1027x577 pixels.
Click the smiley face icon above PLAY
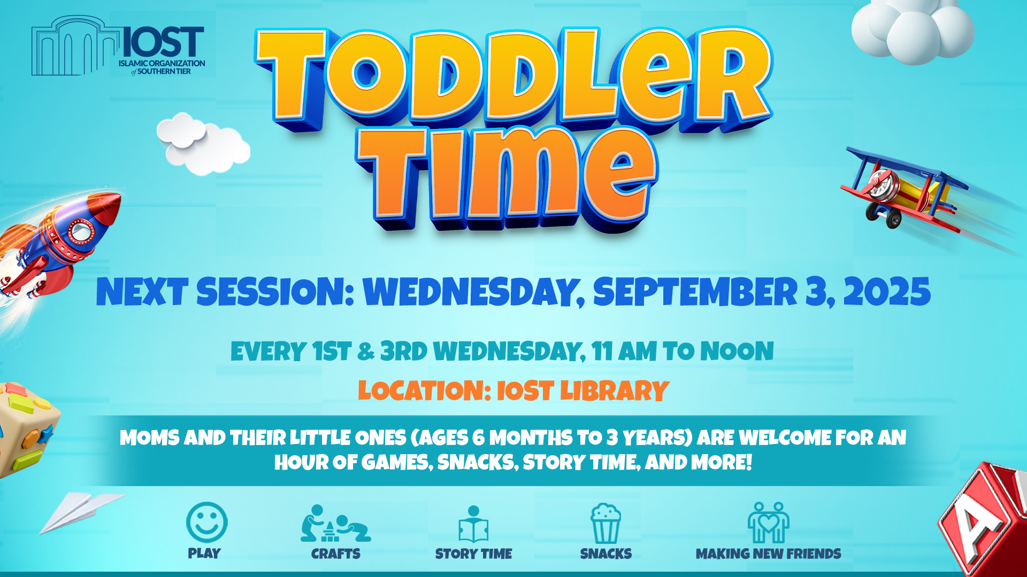pyautogui.click(x=206, y=522)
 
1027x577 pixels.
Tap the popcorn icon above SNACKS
pyautogui.click(x=606, y=524)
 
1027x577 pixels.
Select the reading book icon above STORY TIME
pyautogui.click(x=473, y=524)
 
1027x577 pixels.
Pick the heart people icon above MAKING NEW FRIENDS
pyautogui.click(x=768, y=523)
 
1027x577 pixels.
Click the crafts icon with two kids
pyautogui.click(x=335, y=524)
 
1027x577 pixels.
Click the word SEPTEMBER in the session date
pyautogui.click(x=695, y=292)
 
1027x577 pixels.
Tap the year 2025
pyautogui.click(x=887, y=292)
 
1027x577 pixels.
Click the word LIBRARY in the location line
pyautogui.click(x=615, y=391)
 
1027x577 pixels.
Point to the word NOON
pyautogui.click(x=737, y=351)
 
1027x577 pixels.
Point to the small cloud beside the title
pyautogui.click(x=203, y=143)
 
